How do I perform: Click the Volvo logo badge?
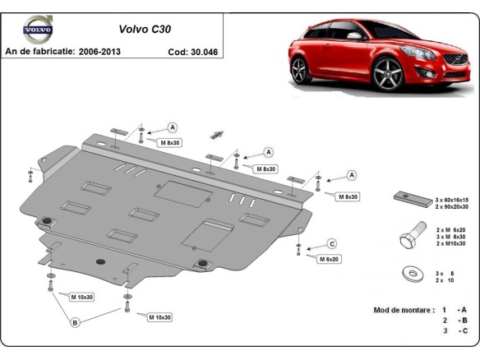pyautogui.click(x=37, y=30)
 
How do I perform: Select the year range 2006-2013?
pyautogui.click(x=111, y=51)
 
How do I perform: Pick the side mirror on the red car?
pyautogui.click(x=354, y=37)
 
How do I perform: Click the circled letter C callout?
pyautogui.click(x=332, y=243)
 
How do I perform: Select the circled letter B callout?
pyautogui.click(x=75, y=323)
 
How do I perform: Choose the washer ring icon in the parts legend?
pyautogui.click(x=408, y=274)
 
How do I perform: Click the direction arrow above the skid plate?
pyautogui.click(x=218, y=133)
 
